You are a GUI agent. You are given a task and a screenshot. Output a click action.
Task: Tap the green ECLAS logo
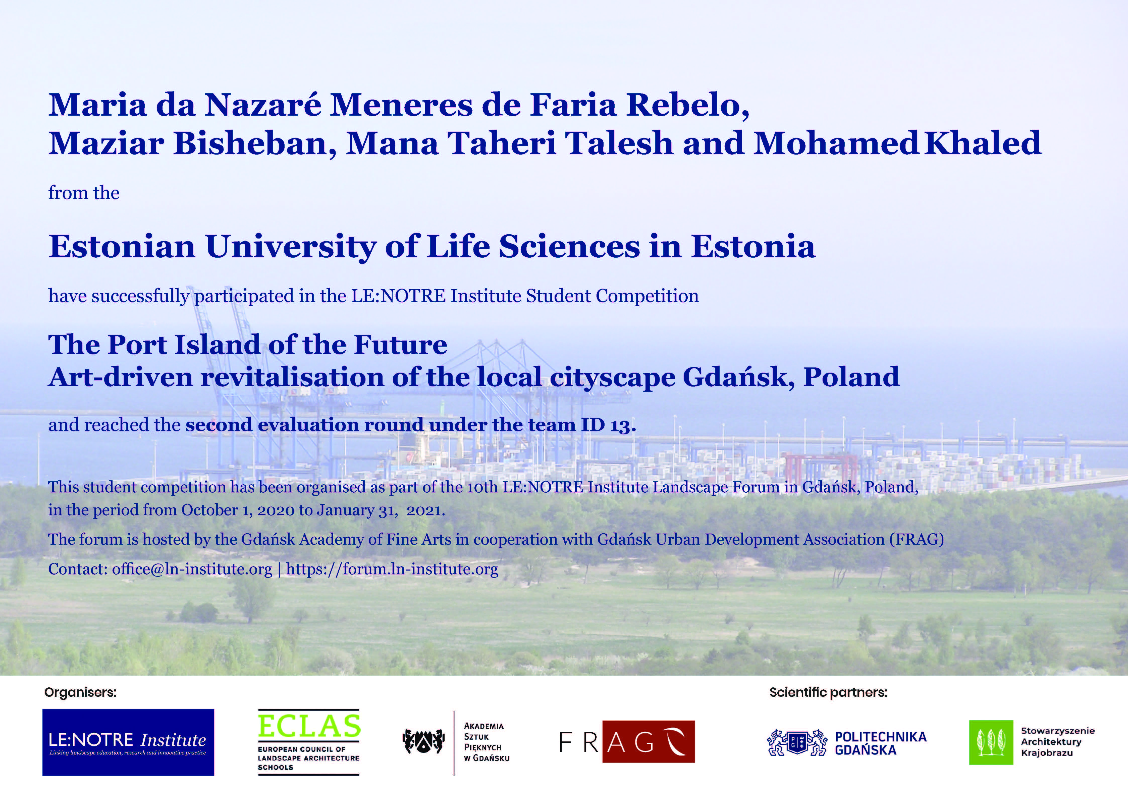tap(309, 742)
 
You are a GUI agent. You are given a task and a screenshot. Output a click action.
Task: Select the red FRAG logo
tap(627, 741)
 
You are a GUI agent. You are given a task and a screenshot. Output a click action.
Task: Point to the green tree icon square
tap(991, 742)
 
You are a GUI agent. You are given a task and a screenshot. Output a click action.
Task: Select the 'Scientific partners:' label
tap(828, 692)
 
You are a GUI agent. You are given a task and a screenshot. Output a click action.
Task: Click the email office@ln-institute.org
tap(192, 569)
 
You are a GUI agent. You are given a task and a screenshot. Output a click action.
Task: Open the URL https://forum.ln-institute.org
tap(392, 569)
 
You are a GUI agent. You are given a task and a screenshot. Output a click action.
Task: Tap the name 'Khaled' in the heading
tap(983, 143)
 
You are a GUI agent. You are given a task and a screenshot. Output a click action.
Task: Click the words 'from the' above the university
tap(84, 193)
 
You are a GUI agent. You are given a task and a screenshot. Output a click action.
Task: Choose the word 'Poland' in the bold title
tap(851, 377)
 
